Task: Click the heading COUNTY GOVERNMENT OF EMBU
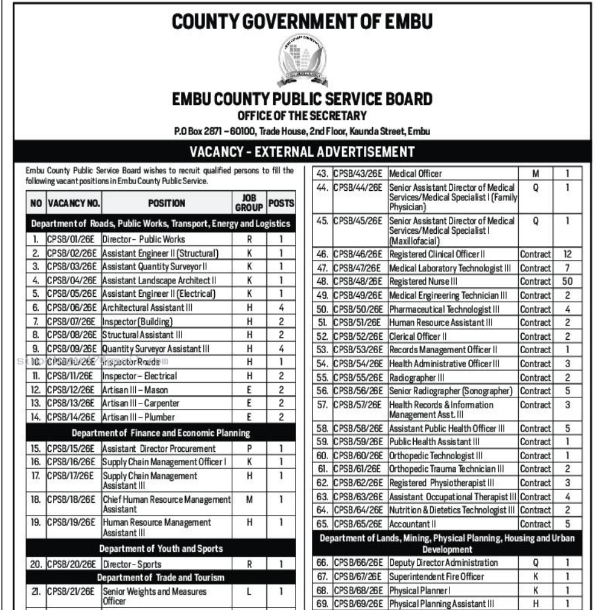point(302,22)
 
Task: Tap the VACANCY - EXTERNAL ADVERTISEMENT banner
point(302,151)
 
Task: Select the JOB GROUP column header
point(249,204)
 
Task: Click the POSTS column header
point(281,204)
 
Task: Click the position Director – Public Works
point(144,239)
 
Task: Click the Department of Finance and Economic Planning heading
point(161,433)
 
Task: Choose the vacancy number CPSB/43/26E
point(358,174)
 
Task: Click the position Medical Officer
point(416,174)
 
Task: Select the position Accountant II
point(410,523)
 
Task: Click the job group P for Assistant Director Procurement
point(249,449)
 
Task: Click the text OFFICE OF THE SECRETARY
point(302,116)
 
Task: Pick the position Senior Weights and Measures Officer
point(154,596)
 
